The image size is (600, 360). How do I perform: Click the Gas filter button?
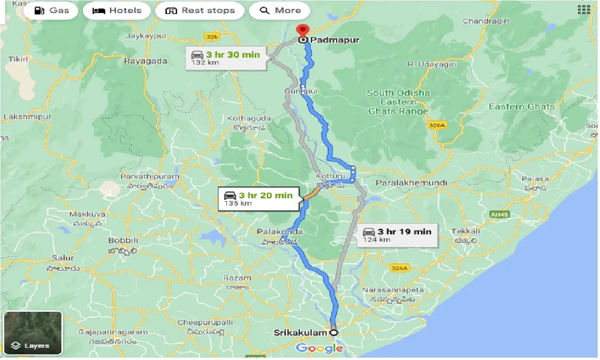(x=50, y=10)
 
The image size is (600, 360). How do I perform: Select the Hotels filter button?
(x=117, y=10)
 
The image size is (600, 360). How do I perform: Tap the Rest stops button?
(x=200, y=10)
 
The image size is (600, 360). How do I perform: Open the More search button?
(x=279, y=10)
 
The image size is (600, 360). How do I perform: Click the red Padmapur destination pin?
(x=303, y=30)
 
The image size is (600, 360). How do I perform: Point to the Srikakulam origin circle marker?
(x=334, y=332)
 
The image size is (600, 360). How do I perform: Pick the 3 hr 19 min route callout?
(x=397, y=235)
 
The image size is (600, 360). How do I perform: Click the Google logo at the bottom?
(x=320, y=348)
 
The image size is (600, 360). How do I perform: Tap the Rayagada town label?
(x=145, y=61)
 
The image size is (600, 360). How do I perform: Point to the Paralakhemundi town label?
(x=412, y=182)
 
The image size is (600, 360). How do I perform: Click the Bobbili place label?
(x=122, y=240)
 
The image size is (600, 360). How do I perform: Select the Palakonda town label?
(x=280, y=232)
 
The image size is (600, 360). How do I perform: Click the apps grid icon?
(x=584, y=10)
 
